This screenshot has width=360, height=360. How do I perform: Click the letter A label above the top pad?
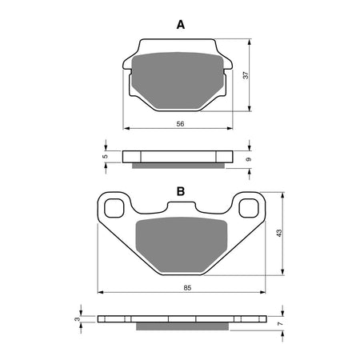point(181,25)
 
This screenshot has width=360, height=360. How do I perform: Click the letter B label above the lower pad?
point(181,191)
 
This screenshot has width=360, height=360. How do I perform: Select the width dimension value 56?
point(180,125)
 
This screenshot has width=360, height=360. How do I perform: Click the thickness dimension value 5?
point(106,157)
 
